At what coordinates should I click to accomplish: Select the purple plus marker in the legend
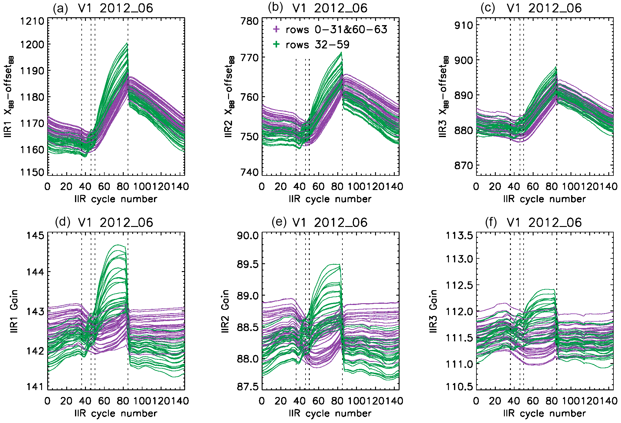click(276, 29)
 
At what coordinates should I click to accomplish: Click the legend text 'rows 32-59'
click(317, 45)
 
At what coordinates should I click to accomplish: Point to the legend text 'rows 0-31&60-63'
click(336, 29)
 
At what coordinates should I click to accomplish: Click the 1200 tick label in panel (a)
click(32, 45)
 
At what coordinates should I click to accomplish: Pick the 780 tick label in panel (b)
click(250, 21)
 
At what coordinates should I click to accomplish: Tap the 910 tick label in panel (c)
click(464, 25)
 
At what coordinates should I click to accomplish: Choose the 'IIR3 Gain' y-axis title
click(433, 311)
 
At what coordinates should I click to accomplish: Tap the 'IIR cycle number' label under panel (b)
click(330, 199)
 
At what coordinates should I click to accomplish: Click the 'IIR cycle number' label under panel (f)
click(544, 413)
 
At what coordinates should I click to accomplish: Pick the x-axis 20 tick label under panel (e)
click(280, 401)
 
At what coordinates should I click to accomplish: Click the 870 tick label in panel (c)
click(464, 166)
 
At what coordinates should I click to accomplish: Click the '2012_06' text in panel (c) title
click(555, 8)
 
